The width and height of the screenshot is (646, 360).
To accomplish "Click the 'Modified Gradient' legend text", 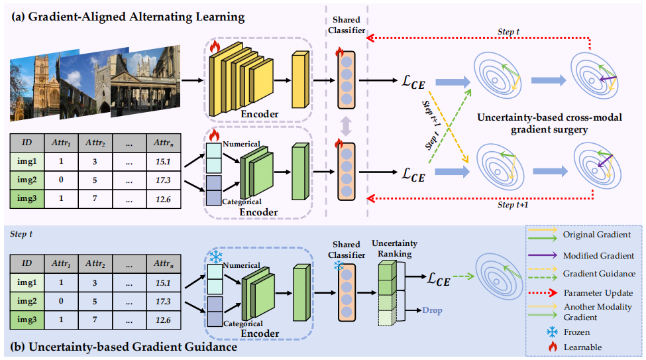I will (x=598, y=255).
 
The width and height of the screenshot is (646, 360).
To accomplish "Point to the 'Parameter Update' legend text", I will (x=598, y=292).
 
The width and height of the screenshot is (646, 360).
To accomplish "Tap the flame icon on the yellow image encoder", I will (x=214, y=46).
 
